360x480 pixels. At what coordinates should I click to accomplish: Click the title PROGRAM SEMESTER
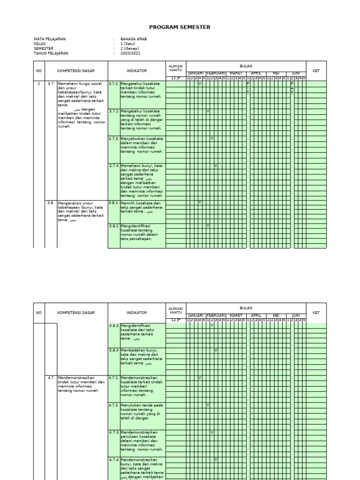click(x=180, y=27)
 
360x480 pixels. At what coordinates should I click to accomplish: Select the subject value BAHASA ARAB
click(x=134, y=39)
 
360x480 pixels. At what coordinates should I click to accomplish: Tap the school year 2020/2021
click(x=130, y=53)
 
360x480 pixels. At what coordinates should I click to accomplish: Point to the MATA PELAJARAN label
click(x=50, y=39)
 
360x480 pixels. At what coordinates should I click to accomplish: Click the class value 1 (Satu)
click(x=127, y=44)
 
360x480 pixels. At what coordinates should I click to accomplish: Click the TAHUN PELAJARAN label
click(x=51, y=53)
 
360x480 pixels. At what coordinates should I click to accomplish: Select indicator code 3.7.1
click(x=113, y=83)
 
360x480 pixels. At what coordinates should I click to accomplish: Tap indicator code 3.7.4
click(x=113, y=166)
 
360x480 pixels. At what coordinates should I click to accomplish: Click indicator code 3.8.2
click(x=113, y=225)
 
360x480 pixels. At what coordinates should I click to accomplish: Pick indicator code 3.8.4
click(x=113, y=350)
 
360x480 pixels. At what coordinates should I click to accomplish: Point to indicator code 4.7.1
click(x=113, y=377)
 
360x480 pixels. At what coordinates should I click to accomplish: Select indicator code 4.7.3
click(x=113, y=432)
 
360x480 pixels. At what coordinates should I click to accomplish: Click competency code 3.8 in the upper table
click(x=50, y=202)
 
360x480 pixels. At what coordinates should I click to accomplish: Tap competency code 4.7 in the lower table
click(x=50, y=377)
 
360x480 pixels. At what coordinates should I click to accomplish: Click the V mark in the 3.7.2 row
click(x=208, y=111)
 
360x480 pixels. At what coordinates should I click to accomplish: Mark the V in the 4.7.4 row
click(x=216, y=459)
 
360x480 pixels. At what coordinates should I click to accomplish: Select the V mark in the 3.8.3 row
click(x=212, y=325)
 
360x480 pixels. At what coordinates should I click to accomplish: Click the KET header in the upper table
click(x=316, y=71)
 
